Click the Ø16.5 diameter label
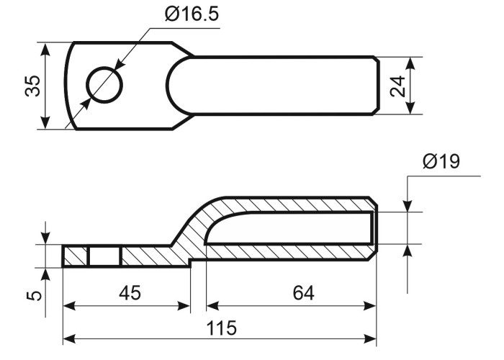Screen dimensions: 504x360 point(192,14)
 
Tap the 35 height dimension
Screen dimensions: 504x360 point(32,86)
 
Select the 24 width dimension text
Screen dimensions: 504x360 point(397,86)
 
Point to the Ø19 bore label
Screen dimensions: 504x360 point(441,161)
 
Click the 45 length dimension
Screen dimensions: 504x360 point(130,293)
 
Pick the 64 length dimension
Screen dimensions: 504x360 point(303,293)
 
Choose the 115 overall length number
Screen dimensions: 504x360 point(221,328)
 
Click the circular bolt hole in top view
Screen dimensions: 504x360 point(105,85)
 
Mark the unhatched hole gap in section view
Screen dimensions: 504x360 point(104,256)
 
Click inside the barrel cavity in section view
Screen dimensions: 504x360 point(289,228)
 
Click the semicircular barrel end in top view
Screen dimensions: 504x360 point(179,85)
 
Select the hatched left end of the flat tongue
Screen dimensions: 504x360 point(75,256)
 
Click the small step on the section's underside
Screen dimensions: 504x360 point(191,263)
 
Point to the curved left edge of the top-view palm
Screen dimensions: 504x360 point(69,85)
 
